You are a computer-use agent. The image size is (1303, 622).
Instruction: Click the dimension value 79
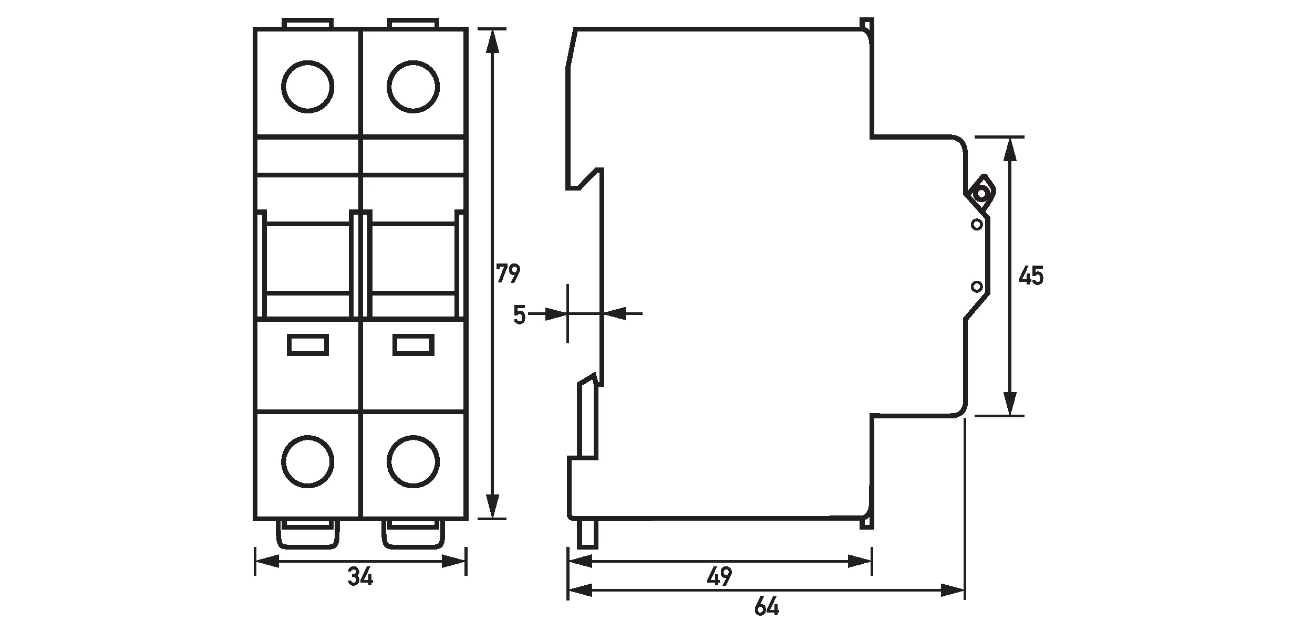pos(508,274)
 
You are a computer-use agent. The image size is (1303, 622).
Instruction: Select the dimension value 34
pos(360,577)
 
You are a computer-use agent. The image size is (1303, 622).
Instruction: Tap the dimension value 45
pos(1031,276)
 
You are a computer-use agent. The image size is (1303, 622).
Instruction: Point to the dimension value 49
pos(719,577)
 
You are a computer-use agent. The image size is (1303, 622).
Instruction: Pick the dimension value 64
pos(767,607)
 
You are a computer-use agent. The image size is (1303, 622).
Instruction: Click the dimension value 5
pos(519,315)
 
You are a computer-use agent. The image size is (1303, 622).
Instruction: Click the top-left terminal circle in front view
pos(307,87)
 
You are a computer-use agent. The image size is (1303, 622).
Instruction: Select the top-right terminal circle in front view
pos(413,87)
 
